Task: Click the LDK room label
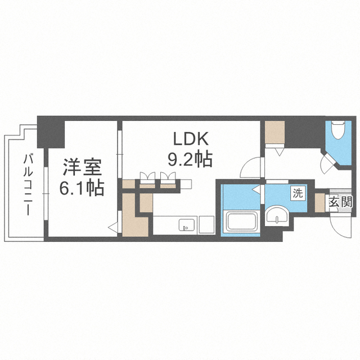[x=191, y=139]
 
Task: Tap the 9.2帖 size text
[x=190, y=160]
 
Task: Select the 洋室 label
[x=82, y=167]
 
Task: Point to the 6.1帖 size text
[x=82, y=188]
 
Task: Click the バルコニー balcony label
[x=28, y=185]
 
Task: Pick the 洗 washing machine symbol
[x=298, y=193]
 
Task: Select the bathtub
[x=241, y=222]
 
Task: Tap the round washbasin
[x=277, y=214]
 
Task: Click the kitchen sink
[x=187, y=225]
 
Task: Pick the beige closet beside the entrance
[x=319, y=202]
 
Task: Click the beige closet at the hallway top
[x=275, y=132]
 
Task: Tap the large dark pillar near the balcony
[x=51, y=132]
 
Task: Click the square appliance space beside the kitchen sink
[x=206, y=225]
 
